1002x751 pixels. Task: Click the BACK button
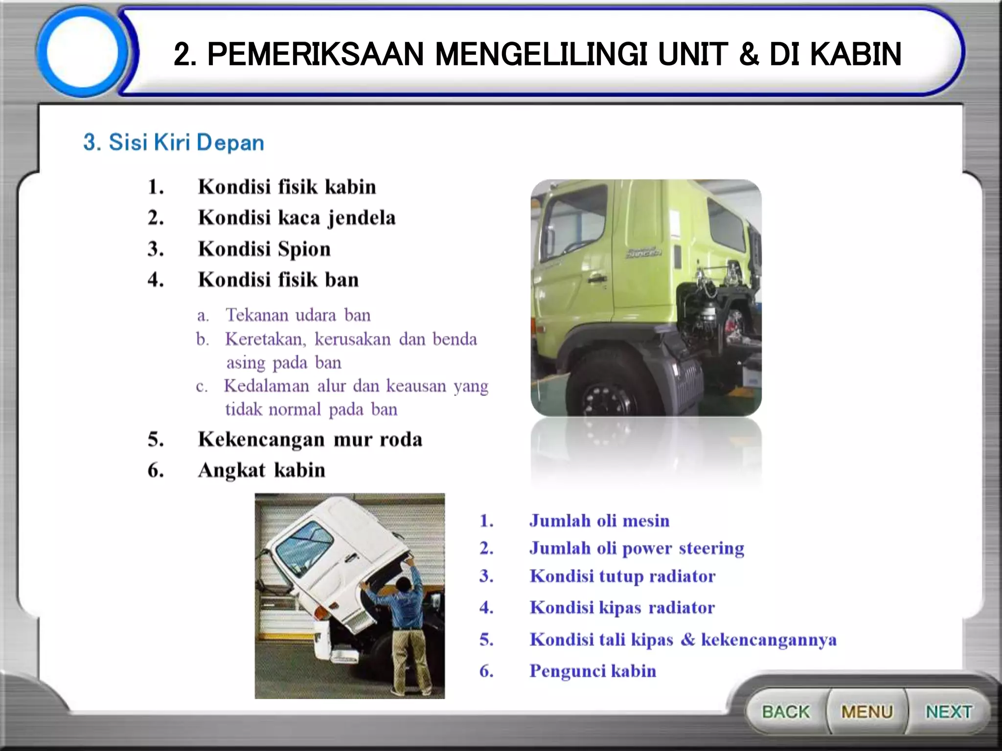(786, 711)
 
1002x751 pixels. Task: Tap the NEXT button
(948, 711)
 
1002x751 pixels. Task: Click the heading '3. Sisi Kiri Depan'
(174, 142)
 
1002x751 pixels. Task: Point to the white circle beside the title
(82, 52)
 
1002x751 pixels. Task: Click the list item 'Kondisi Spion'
(264, 249)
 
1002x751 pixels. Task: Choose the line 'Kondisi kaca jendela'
(296, 218)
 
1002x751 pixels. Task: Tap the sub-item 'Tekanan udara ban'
(297, 315)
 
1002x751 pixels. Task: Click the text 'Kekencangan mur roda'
(310, 439)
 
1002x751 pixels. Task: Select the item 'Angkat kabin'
(261, 470)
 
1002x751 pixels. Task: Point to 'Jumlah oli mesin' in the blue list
(599, 521)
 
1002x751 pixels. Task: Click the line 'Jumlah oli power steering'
(636, 548)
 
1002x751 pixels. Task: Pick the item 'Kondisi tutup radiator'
(622, 576)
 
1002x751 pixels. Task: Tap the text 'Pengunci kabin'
(592, 671)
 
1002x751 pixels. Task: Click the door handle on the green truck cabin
(595, 279)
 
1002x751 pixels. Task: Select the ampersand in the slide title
(749, 54)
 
